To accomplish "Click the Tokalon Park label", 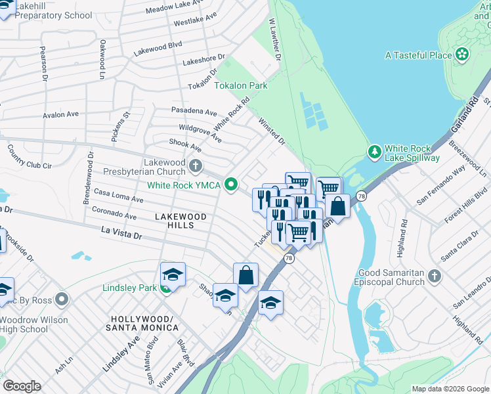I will (x=240, y=85).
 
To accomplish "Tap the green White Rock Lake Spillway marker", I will (x=374, y=152).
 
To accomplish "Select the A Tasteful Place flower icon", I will (x=463, y=55).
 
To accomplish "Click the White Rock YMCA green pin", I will (x=230, y=185).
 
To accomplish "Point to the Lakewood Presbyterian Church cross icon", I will (x=196, y=164).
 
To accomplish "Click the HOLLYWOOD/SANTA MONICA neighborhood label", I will (x=141, y=322).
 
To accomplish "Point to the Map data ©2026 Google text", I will (x=450, y=389).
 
